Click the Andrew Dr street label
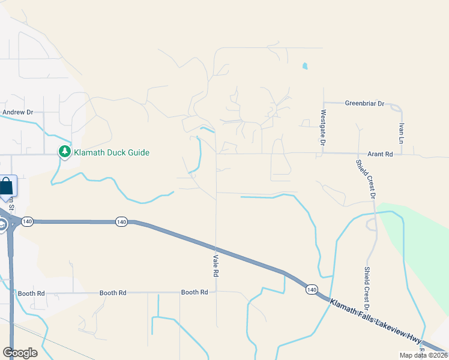tap(17, 112)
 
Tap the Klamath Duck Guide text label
tap(111, 152)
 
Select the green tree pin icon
tap(64, 152)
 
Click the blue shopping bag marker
tap(8, 185)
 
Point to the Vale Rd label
tap(215, 265)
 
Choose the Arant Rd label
tap(380, 154)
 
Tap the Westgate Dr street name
tap(323, 128)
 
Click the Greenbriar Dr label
tap(364, 103)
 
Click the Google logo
tap(20, 353)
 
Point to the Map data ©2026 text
tap(424, 355)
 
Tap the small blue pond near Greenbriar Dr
tap(305, 66)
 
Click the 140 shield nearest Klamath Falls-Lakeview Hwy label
tap(311, 290)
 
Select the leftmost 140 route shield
tap(27, 222)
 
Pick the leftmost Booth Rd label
tap(32, 293)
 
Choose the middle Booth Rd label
tap(113, 293)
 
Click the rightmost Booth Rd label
tap(194, 292)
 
